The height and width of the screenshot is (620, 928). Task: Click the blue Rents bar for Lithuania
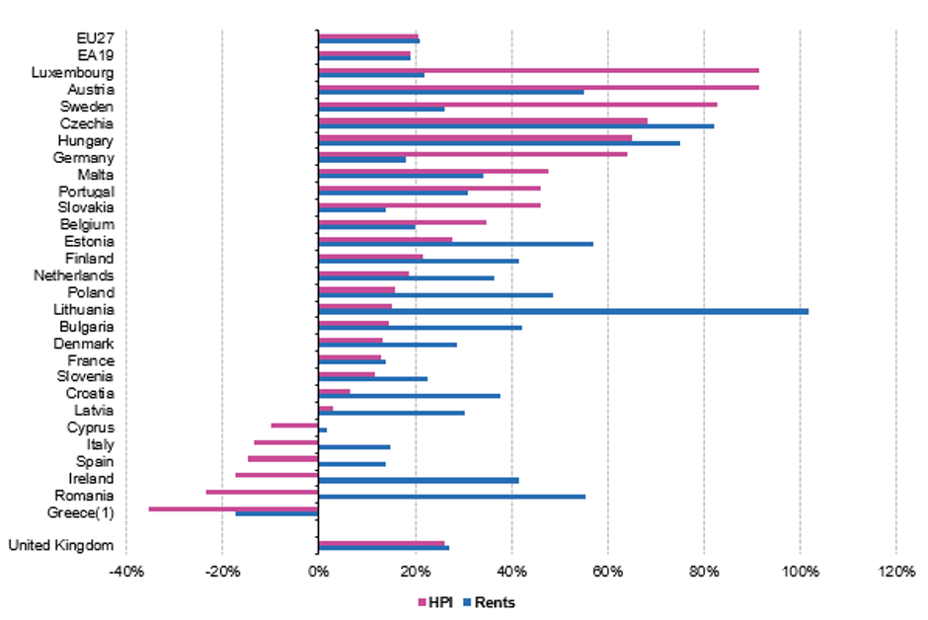[x=563, y=311]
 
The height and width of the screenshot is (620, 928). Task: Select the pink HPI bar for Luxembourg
[x=538, y=70]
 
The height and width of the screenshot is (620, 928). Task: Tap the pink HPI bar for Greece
[x=233, y=508]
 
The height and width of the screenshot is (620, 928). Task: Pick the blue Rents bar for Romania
[x=451, y=497]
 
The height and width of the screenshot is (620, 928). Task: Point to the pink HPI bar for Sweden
[x=517, y=104]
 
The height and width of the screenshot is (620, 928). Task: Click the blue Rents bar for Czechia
[x=515, y=126]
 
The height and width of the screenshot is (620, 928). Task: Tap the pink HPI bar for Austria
[x=538, y=87]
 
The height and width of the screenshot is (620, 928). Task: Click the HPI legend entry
[x=435, y=602]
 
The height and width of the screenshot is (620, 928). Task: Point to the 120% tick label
[x=894, y=571]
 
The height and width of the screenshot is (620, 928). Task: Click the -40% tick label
[x=125, y=571]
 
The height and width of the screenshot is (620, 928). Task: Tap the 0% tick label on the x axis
[x=318, y=571]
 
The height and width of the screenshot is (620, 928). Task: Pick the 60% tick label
[x=607, y=571]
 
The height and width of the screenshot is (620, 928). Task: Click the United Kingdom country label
[x=61, y=545]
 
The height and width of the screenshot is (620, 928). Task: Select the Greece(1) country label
[x=80, y=511]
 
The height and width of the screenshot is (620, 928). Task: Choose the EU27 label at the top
[x=95, y=38]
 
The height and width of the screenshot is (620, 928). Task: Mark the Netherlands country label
[x=73, y=275]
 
